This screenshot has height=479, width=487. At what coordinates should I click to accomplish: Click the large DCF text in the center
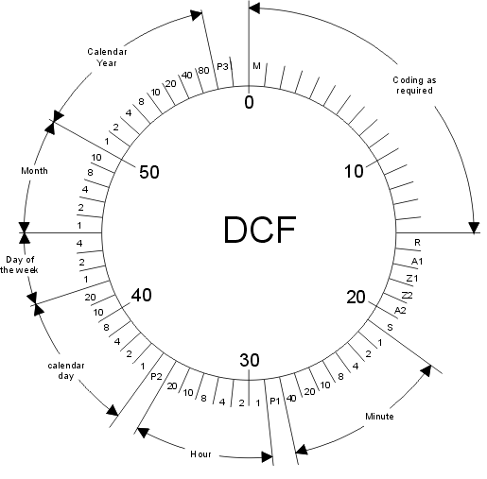pyautogui.click(x=260, y=230)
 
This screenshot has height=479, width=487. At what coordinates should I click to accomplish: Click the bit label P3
pyautogui.click(x=222, y=67)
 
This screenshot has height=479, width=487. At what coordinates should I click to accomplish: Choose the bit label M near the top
pyautogui.click(x=257, y=66)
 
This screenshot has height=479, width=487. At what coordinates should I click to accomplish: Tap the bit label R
pyautogui.click(x=417, y=242)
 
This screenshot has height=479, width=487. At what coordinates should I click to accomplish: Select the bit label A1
pyautogui.click(x=417, y=261)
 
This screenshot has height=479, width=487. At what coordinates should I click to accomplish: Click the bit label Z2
pyautogui.click(x=407, y=295)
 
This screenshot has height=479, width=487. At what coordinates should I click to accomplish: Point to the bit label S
pyautogui.click(x=390, y=328)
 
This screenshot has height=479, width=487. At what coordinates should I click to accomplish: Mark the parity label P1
pyautogui.click(x=275, y=401)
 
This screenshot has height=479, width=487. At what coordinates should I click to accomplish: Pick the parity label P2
pyautogui.click(x=156, y=376)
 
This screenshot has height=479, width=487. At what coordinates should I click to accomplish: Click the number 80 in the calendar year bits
pyautogui.click(x=203, y=70)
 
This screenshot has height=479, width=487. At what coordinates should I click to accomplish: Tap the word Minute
pyautogui.click(x=379, y=417)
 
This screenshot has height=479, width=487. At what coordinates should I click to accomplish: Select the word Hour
pyautogui.click(x=200, y=454)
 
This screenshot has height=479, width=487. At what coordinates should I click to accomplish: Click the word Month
pyautogui.click(x=34, y=171)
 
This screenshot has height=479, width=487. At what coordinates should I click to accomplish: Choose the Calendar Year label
pyautogui.click(x=107, y=58)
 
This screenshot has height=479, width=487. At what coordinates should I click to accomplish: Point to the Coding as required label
pyautogui.click(x=414, y=85)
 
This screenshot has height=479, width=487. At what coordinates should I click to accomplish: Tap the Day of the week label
pyautogui.click(x=19, y=265)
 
